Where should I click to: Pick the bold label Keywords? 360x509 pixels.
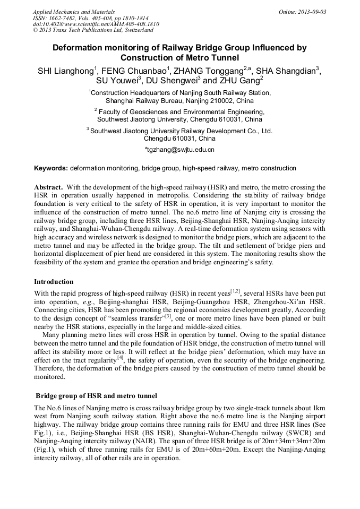tap(51, 168)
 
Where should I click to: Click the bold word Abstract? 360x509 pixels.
tap(49, 187)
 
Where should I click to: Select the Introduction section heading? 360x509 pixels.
tap(54, 282)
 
